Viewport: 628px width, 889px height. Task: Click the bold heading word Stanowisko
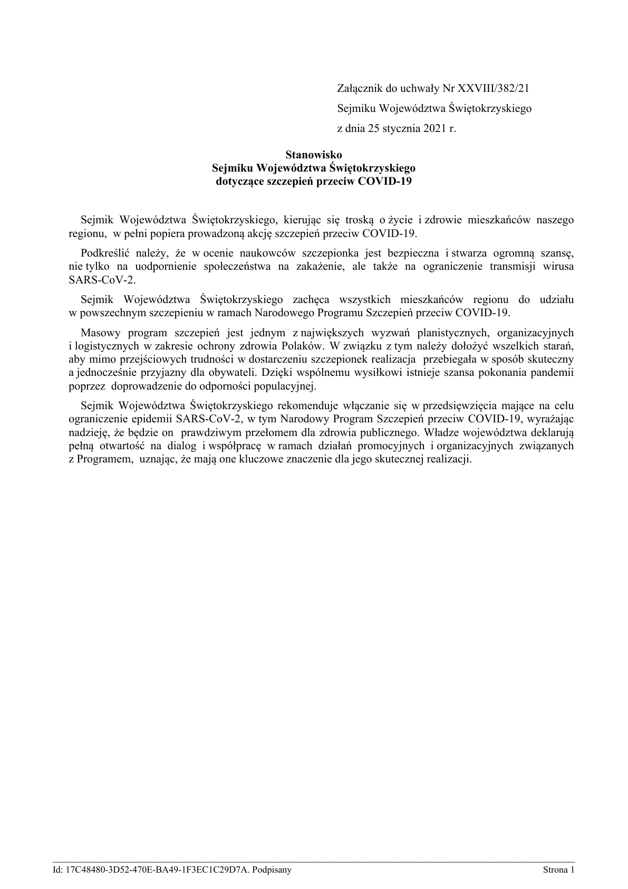pyautogui.click(x=314, y=155)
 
